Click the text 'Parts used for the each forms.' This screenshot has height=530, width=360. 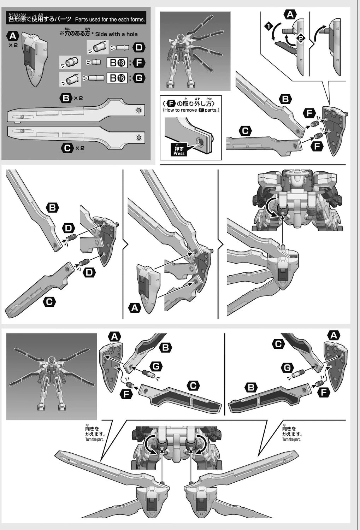[110, 20]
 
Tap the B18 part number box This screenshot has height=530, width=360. [117, 63]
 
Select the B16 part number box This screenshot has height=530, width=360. [117, 78]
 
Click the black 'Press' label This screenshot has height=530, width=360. [179, 151]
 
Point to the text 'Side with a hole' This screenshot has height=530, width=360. [116, 34]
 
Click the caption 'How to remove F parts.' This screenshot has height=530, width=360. [191, 110]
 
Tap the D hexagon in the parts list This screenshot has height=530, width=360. [139, 48]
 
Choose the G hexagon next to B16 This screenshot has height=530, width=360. [139, 78]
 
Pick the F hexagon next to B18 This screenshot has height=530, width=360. [139, 63]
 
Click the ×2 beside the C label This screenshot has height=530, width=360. [80, 148]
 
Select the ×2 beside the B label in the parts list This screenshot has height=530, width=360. [78, 98]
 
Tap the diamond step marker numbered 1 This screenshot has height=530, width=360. [269, 26]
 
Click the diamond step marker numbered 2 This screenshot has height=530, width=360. [300, 38]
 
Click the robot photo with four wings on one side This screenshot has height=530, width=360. [195, 51]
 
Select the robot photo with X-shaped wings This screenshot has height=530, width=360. [52, 377]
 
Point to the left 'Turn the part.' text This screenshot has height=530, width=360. [94, 440]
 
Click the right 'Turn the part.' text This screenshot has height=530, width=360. [291, 440]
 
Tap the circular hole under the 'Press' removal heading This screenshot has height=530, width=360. [201, 142]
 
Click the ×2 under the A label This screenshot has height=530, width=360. [13, 46]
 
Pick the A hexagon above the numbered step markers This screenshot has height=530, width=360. [290, 14]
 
